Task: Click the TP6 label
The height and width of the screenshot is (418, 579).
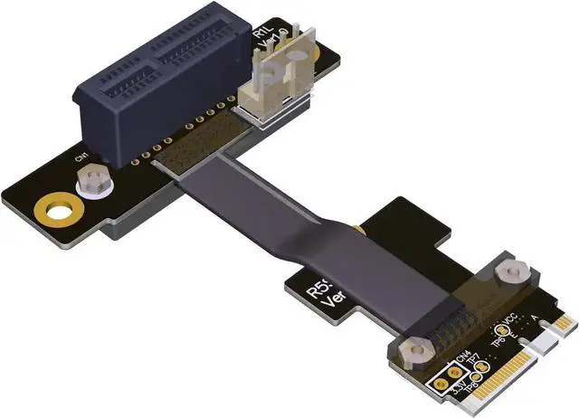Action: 498,332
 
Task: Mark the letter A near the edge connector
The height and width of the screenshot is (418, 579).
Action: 536,318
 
